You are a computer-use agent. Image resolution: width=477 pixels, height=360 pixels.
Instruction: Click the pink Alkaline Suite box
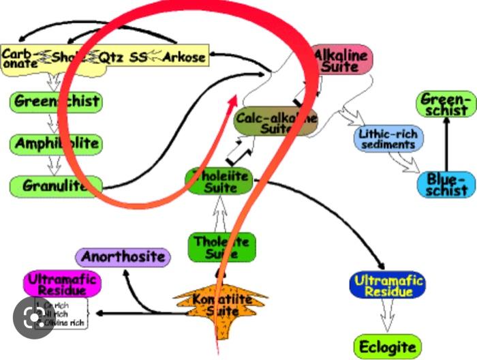[x=343, y=60]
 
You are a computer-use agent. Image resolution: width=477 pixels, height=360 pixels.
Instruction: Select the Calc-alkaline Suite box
[x=276, y=121]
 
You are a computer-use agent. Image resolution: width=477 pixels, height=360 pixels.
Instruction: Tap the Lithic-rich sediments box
[x=389, y=138]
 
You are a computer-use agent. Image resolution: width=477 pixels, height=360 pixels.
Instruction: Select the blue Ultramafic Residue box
[x=388, y=285]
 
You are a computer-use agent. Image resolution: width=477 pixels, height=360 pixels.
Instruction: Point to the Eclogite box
[x=387, y=346]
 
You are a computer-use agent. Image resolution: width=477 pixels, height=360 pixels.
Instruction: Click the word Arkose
[x=183, y=57]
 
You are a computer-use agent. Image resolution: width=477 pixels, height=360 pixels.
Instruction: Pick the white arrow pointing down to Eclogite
[x=387, y=316]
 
